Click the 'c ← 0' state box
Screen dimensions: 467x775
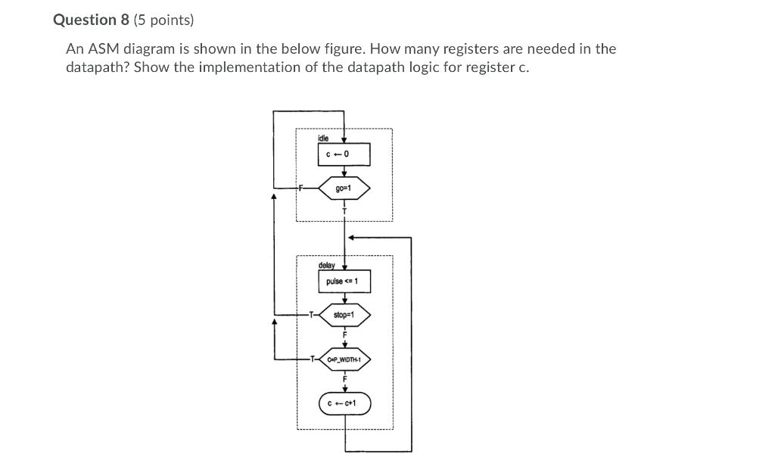[x=344, y=154]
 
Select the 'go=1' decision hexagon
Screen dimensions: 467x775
[x=344, y=188]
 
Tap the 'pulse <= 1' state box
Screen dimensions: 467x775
[x=344, y=282]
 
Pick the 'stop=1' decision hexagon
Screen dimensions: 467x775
[x=344, y=314]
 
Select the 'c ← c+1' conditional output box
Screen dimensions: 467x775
[x=344, y=403]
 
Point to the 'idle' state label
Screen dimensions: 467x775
[x=323, y=139]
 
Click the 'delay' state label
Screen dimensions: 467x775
[x=326, y=266]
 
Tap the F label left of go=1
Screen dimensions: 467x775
[x=300, y=188]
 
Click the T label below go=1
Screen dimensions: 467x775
[x=344, y=210]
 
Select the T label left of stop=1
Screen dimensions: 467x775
[x=310, y=314]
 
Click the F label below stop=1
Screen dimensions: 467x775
[x=344, y=334]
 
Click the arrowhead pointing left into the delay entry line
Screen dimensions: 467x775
[x=352, y=237]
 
